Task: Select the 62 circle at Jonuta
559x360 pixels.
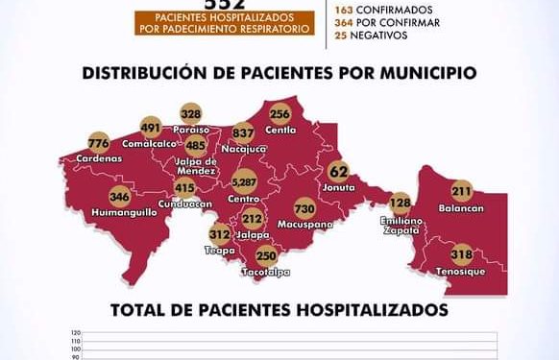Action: (x=338, y=172)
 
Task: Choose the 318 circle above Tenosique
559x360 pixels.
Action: (x=462, y=255)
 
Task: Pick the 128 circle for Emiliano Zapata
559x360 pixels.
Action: (x=401, y=203)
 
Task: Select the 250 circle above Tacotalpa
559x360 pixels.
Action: (x=266, y=255)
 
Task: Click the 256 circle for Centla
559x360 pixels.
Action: (x=280, y=111)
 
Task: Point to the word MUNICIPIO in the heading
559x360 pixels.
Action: (x=425, y=73)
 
